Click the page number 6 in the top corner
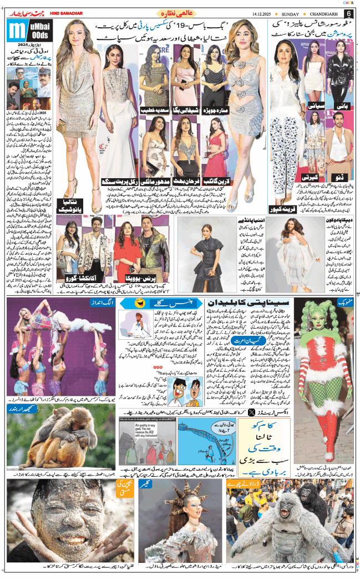click(348, 13)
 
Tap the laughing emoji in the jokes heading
click(140, 303)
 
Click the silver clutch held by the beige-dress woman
click(62, 127)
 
